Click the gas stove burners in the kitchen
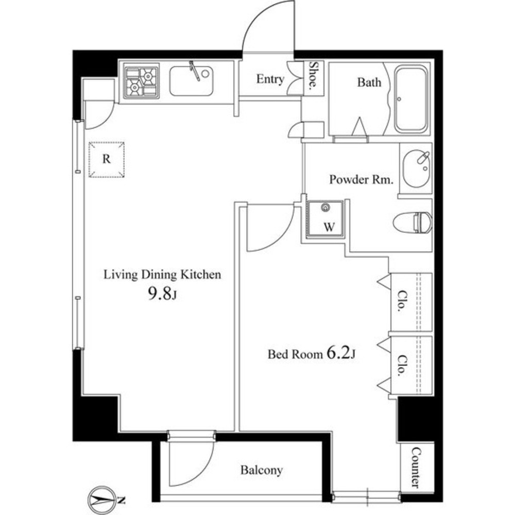coord(141,82)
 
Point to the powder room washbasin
coord(416,168)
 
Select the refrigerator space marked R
coord(107,159)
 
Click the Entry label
coord(270,79)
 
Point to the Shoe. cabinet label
coord(313,77)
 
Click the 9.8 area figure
coord(160,294)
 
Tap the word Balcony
coord(262,470)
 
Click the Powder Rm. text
coord(362,180)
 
